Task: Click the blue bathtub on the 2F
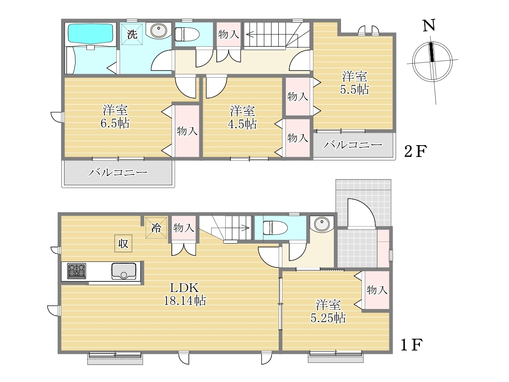(90, 33)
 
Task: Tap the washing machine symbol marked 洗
(132, 34)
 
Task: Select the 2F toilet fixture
(187, 34)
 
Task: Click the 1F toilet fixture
(275, 228)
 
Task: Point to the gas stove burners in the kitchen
(76, 271)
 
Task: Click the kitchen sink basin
(123, 271)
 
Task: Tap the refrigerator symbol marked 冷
(156, 228)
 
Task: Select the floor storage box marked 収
(123, 243)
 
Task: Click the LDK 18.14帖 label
(185, 294)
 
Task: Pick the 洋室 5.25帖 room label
(328, 312)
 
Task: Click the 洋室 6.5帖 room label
(115, 116)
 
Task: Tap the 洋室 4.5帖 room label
(242, 118)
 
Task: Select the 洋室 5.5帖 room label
(354, 83)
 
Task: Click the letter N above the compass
(429, 25)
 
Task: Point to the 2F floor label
(415, 151)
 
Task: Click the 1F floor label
(411, 345)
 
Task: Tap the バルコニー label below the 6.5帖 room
(118, 172)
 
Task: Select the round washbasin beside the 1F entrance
(322, 223)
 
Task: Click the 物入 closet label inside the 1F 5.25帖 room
(377, 290)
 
